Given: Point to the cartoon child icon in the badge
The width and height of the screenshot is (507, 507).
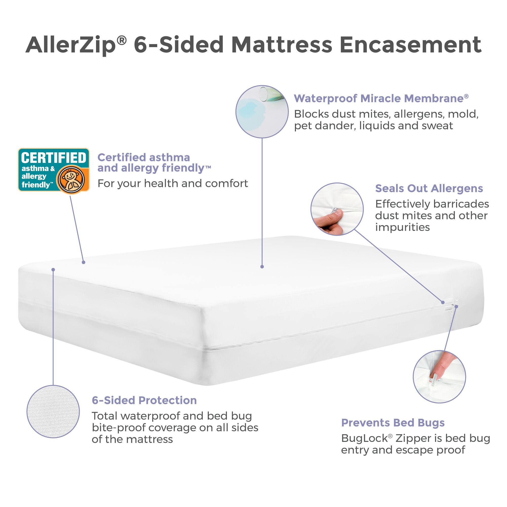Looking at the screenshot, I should point(71,179).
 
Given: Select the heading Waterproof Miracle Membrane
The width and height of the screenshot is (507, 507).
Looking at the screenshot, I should point(381,99).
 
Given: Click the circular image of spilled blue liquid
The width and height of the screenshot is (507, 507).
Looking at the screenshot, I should point(262,111).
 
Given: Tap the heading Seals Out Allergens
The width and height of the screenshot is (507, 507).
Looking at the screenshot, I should point(429,189).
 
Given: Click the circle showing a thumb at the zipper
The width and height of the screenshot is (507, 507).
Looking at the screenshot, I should point(337,209).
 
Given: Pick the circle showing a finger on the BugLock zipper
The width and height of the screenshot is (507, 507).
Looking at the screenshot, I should point(439,377).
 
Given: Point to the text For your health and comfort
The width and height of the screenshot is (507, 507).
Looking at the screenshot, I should point(173,183).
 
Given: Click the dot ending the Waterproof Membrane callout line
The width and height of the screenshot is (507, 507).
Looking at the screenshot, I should point(262,267).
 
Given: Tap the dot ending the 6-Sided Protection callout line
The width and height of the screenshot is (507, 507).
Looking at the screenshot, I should point(53,270).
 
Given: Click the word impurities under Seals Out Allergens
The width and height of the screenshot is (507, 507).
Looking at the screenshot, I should point(402,227).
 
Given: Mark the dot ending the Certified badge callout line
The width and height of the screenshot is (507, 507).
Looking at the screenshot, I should point(83,262).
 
